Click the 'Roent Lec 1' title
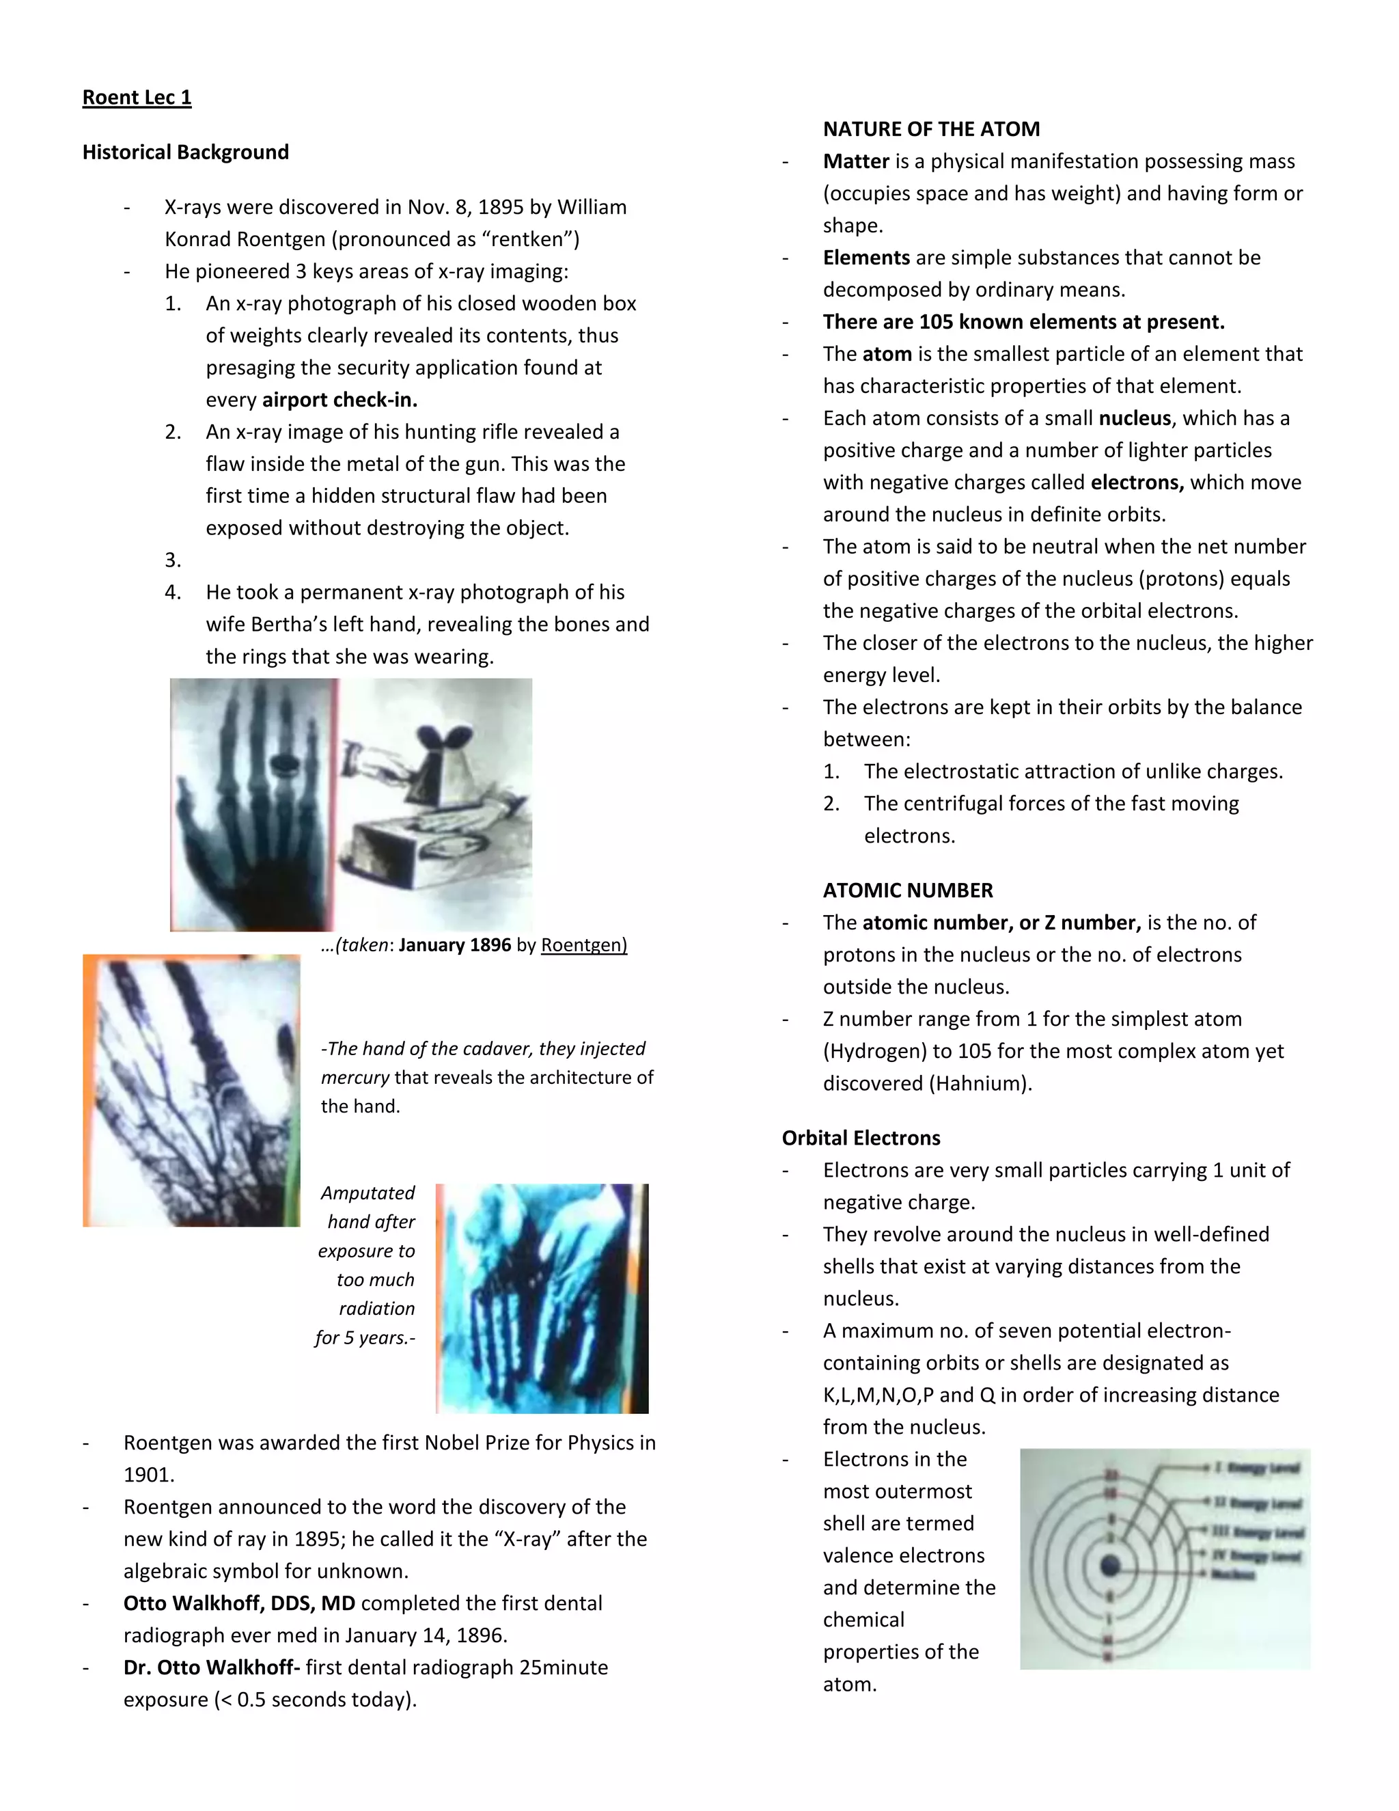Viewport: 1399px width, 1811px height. [137, 98]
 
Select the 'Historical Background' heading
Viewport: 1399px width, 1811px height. [186, 152]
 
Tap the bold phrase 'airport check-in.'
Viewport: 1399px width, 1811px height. [340, 400]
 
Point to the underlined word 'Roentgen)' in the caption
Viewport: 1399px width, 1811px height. [583, 945]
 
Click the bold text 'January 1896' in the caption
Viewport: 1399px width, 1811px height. [454, 945]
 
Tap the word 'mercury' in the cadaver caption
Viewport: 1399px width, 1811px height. [355, 1077]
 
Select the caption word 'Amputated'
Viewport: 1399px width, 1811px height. [368, 1193]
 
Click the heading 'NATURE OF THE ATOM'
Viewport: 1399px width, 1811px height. [931, 129]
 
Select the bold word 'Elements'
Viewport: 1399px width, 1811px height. [866, 258]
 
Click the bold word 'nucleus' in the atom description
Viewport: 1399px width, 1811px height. [1134, 418]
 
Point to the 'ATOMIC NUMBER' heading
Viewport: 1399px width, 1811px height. [908, 890]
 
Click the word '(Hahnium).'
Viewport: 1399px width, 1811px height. [982, 1084]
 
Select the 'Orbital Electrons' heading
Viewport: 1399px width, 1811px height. [860, 1138]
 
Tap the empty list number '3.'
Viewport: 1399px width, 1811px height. [172, 560]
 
